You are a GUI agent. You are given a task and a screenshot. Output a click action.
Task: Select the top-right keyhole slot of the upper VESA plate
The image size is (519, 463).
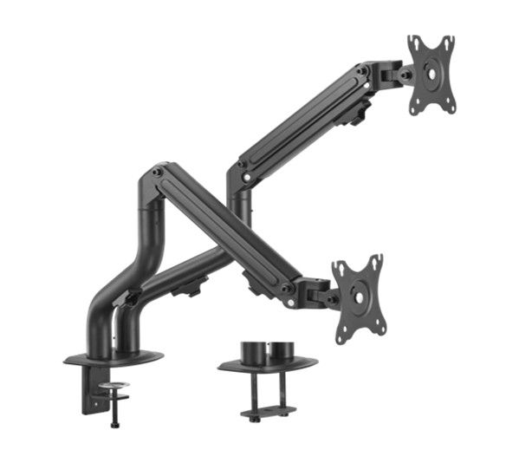[x=446, y=42]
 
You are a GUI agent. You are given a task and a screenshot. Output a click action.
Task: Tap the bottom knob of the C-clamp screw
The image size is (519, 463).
[x=113, y=425]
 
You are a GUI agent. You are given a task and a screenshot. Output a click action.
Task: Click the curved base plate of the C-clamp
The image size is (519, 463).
[x=113, y=356]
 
